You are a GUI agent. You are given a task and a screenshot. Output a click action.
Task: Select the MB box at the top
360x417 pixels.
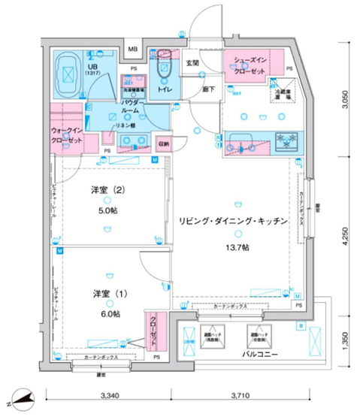[x=133, y=50]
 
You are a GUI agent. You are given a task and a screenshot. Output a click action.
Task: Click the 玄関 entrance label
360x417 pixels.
[x=192, y=64]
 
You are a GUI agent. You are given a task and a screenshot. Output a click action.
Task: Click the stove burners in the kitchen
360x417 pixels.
[x=285, y=140]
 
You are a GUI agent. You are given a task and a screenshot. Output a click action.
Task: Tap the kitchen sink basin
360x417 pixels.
[x=244, y=141]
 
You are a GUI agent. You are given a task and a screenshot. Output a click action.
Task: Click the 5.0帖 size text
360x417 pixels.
[x=107, y=210]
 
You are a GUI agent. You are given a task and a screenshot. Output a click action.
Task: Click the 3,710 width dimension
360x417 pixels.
[x=244, y=394]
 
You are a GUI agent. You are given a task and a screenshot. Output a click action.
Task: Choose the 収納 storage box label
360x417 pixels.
[x=164, y=143]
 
